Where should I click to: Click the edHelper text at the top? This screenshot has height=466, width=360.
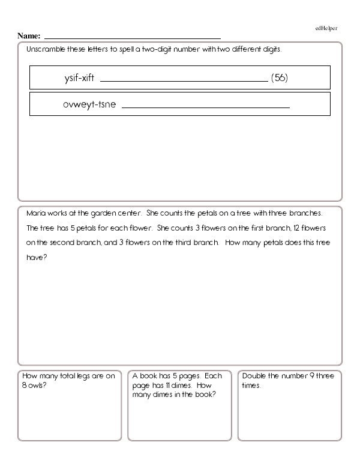coord(326,28)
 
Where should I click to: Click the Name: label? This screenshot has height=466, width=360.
coord(29,36)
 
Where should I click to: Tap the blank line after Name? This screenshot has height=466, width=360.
coord(132,38)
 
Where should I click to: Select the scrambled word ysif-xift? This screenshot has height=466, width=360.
coord(79,78)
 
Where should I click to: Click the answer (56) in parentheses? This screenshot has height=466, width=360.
coord(280,78)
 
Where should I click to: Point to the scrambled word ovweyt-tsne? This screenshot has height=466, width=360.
coord(89,104)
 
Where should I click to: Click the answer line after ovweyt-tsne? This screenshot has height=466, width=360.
coord(205,107)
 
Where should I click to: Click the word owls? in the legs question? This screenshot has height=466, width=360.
coord(38,386)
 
